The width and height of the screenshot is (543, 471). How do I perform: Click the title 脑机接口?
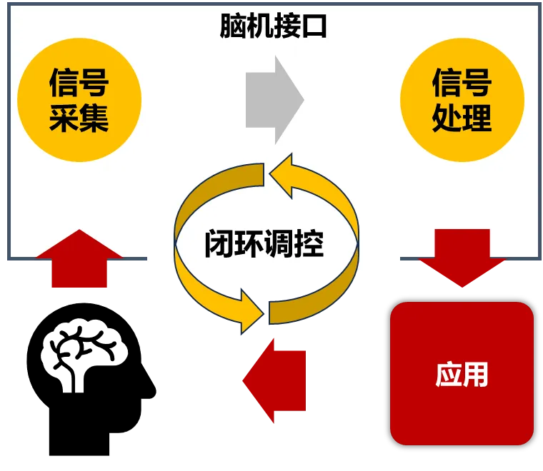tap(273, 27)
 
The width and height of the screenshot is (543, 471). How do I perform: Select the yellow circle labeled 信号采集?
tap(79, 100)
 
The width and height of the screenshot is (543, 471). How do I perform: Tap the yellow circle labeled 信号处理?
tap(462, 100)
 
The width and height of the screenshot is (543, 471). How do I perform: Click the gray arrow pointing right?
tap(274, 100)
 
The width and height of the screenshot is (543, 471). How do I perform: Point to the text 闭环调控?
tap(264, 244)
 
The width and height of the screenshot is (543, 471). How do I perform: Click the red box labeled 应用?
tap(462, 373)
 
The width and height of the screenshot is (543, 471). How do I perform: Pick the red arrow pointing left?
tap(274, 380)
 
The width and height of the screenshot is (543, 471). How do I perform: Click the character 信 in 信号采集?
tap(64, 83)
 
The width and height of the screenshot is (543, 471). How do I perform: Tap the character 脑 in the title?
tap(233, 27)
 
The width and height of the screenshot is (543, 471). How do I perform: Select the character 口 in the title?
tap(314, 27)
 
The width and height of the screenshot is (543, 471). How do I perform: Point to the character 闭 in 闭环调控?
tap(219, 244)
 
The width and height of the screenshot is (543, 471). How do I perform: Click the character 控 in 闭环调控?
tap(309, 244)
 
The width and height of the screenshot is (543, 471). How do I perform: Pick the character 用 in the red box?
tap(476, 374)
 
